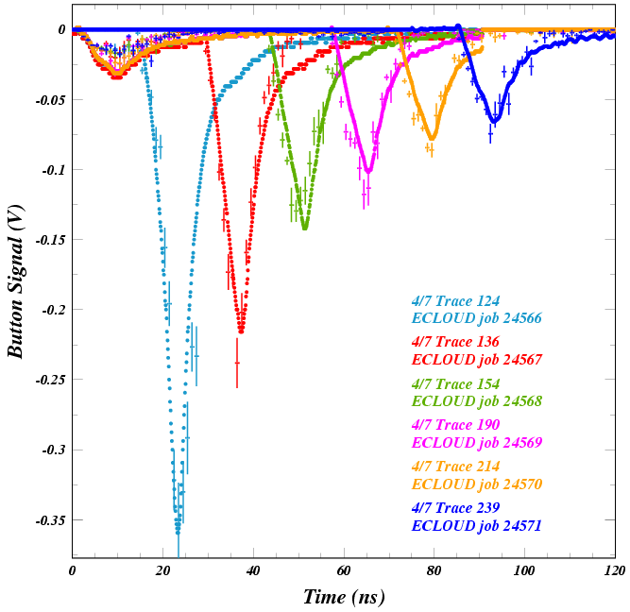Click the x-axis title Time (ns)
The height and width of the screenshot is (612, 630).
344,597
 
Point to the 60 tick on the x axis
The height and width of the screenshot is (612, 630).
344,556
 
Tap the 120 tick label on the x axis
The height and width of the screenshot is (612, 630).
615,570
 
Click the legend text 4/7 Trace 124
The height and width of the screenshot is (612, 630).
455,301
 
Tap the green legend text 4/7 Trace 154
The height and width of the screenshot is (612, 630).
455,384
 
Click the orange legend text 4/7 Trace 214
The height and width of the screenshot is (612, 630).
455,467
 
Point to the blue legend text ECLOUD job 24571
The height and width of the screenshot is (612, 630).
477,525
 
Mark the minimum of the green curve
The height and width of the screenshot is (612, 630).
304,228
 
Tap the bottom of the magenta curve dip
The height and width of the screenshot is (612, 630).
367,172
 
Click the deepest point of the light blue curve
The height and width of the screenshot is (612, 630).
178,534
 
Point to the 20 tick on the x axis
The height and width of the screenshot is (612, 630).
163,556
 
